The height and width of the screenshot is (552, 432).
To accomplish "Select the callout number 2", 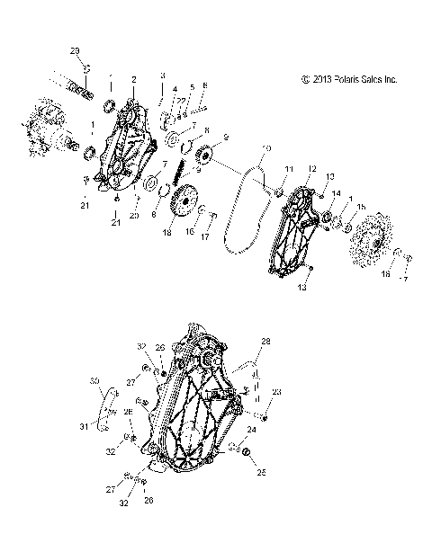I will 133,79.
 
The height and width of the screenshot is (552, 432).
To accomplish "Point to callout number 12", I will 311,168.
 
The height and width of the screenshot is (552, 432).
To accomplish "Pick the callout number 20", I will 135,216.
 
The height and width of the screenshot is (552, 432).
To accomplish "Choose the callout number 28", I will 265,342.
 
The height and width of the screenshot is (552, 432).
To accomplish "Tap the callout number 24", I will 251,431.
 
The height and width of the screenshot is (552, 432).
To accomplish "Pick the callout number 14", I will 335,193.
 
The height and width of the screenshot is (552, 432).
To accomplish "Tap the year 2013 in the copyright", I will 318,79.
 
